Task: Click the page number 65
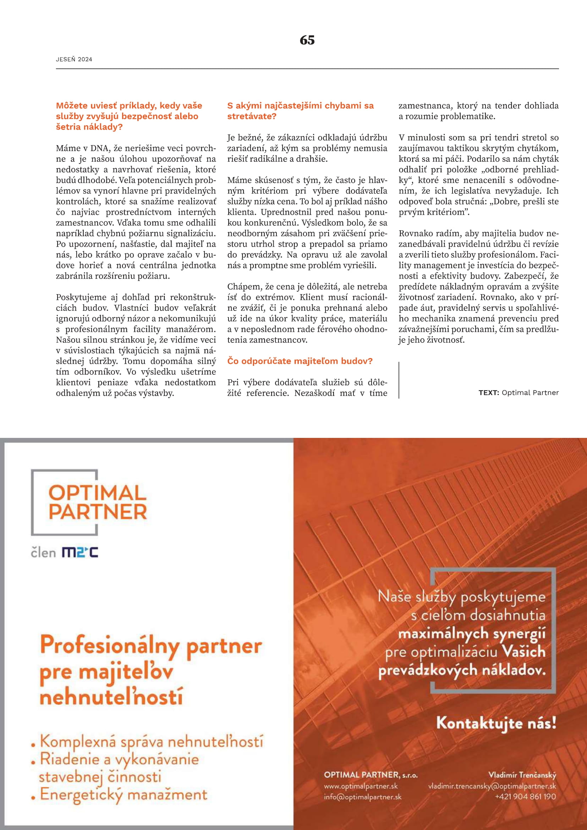click(x=307, y=40)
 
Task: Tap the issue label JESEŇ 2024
click(x=74, y=59)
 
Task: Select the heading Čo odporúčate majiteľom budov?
click(x=300, y=361)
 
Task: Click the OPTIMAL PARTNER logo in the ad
click(x=97, y=502)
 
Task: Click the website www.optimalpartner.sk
click(x=360, y=786)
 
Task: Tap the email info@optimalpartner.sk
click(x=362, y=797)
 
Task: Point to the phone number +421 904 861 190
click(x=525, y=796)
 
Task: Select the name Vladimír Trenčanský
click(x=522, y=775)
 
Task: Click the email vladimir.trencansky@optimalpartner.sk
click(x=492, y=786)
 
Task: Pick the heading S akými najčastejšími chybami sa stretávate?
click(x=300, y=111)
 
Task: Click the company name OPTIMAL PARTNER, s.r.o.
click(x=371, y=775)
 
